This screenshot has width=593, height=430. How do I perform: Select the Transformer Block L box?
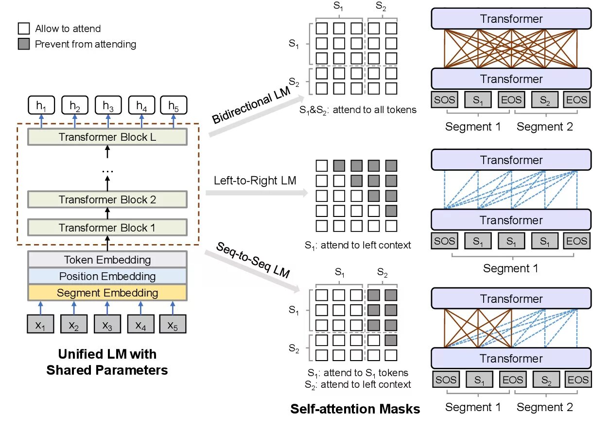tap(107, 137)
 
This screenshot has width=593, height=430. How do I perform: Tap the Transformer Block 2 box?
tap(107, 199)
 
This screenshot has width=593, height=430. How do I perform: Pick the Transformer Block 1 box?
tap(107, 228)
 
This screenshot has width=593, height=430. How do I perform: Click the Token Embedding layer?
tap(107, 260)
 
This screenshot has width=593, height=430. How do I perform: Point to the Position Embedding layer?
tap(107, 277)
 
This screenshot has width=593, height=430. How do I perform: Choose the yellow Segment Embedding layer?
tap(107, 293)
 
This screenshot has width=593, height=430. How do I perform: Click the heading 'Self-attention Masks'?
tap(355, 409)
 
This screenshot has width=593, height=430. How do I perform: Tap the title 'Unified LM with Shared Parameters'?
tap(107, 362)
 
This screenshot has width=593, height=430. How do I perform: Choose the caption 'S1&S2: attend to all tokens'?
tap(358, 110)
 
